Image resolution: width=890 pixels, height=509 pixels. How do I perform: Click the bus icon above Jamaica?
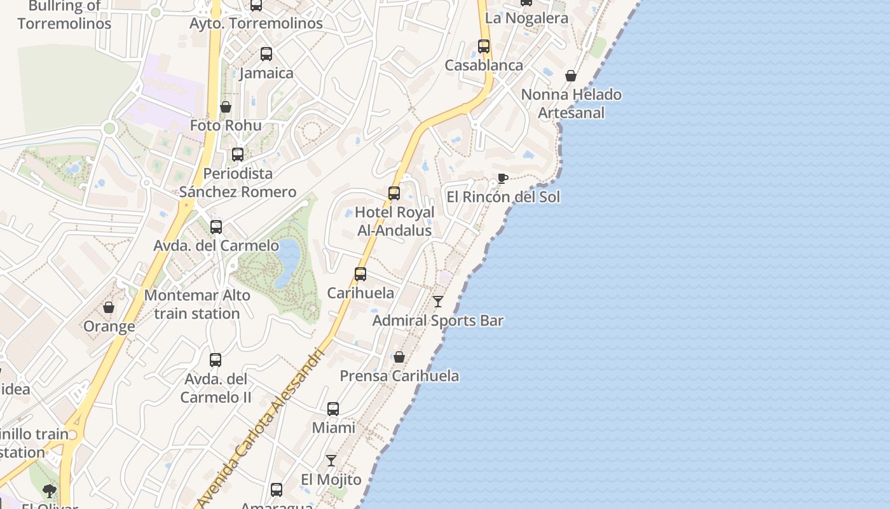click(x=266, y=54)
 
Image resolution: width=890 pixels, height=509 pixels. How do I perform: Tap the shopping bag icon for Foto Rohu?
click(x=226, y=106)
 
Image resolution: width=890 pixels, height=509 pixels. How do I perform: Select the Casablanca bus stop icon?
click(x=484, y=46)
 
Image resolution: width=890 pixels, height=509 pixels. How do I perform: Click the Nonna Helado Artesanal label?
click(x=571, y=104)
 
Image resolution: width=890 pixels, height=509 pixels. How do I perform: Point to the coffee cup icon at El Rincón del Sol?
click(x=502, y=178)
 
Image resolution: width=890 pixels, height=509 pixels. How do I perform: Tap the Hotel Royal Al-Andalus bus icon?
click(x=394, y=193)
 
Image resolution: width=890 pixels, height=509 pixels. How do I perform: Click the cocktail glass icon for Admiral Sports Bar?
click(x=438, y=302)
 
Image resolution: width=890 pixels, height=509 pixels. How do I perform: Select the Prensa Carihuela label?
click(x=399, y=376)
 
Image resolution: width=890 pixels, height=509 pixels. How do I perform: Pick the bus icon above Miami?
click(x=333, y=409)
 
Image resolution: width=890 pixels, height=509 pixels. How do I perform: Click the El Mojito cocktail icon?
click(x=331, y=461)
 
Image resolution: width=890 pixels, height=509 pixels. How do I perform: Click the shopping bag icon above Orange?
click(x=109, y=307)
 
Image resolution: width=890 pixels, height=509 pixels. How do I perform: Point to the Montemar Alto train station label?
click(x=197, y=305)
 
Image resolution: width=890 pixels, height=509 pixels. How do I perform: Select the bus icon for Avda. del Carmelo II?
click(x=216, y=360)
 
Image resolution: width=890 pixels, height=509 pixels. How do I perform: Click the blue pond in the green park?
click(x=289, y=254)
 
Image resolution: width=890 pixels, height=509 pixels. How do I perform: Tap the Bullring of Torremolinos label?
click(x=64, y=15)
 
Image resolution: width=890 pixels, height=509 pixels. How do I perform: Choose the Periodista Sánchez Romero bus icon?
click(x=238, y=155)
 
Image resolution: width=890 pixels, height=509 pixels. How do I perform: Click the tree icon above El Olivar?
click(x=50, y=491)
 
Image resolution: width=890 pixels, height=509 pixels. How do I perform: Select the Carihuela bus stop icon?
click(x=360, y=274)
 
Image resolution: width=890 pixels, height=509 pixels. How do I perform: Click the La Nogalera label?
click(x=526, y=18)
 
